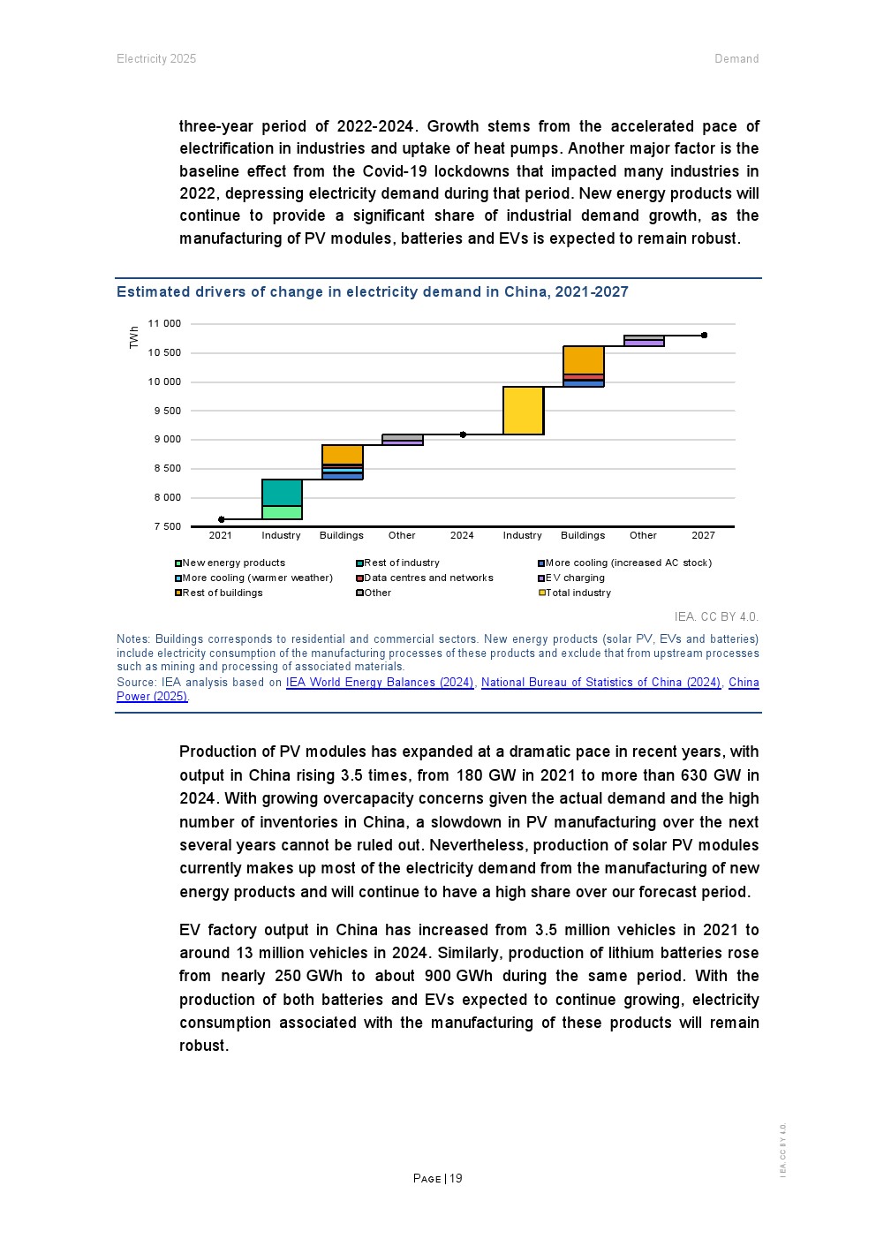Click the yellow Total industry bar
click(523, 411)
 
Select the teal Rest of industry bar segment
click(282, 493)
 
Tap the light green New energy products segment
click(282, 512)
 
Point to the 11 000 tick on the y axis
click(164, 324)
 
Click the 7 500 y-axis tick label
click(167, 527)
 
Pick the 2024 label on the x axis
click(462, 535)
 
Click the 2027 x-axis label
click(703, 535)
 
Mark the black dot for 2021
click(221, 519)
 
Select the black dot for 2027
click(704, 336)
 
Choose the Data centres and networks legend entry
click(428, 578)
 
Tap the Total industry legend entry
click(578, 593)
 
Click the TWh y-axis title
click(134, 336)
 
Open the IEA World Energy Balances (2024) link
click(380, 683)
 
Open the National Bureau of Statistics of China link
click(600, 683)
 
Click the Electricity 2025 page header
click(156, 59)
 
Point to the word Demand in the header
click(736, 59)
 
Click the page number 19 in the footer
click(456, 1179)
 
